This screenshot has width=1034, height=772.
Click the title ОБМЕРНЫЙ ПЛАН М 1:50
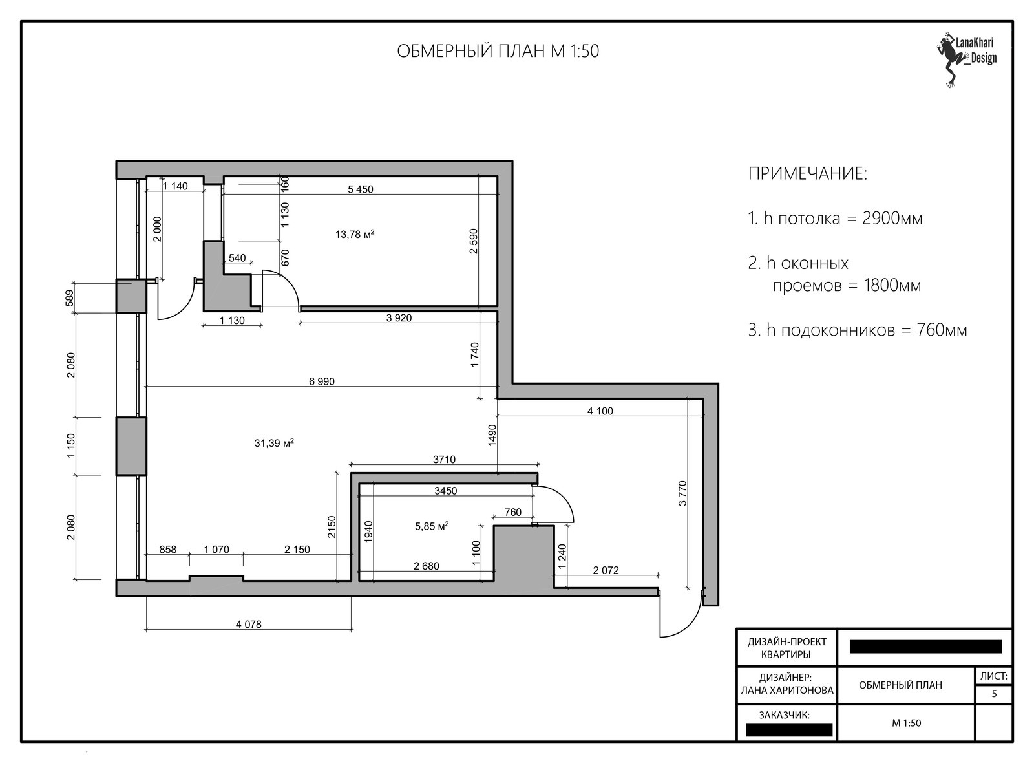coord(498,51)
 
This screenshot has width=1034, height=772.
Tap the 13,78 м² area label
coord(355,234)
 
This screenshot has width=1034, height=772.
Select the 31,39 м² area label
coord(274,443)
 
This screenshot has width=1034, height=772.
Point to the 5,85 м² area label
coord(432,526)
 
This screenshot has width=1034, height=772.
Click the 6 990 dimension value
coord(322,381)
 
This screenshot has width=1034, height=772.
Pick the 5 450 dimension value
coord(361,189)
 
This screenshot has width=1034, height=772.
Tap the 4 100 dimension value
coord(600,411)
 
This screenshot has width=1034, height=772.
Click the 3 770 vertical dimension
coord(682,493)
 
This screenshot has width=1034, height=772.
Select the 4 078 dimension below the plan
coord(248,625)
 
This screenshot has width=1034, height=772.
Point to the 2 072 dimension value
coord(606,570)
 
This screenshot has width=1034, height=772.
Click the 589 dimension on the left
coord(70,298)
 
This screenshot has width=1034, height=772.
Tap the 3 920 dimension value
coord(399,318)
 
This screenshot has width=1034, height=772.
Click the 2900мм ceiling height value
coord(892,218)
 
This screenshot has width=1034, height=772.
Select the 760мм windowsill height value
coord(942,330)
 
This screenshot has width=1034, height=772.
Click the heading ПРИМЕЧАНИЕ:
coord(807,174)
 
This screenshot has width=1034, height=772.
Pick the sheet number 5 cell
coord(994,694)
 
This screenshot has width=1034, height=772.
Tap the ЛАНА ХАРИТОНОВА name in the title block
coord(787,691)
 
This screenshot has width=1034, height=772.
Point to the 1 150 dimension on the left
coord(70,446)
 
